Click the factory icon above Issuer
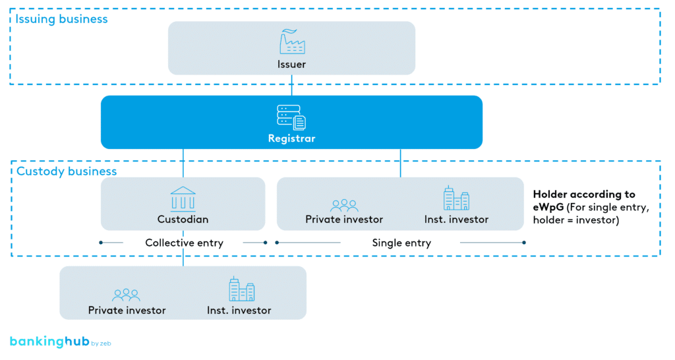coord(292,42)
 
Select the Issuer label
coord(291,64)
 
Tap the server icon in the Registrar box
coord(291,117)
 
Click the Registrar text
coord(291,139)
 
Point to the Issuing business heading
coord(61,19)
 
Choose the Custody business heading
coord(66,171)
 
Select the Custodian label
coord(183,219)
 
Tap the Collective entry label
coord(184,243)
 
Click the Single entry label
coord(401,243)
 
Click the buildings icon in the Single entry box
coord(456,198)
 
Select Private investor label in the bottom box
coord(127,310)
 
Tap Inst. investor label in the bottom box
coord(239,310)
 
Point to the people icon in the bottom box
coord(126,295)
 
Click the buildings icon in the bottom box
coord(241,289)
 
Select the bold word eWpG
coord(548,207)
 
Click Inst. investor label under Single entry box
coord(456,219)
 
